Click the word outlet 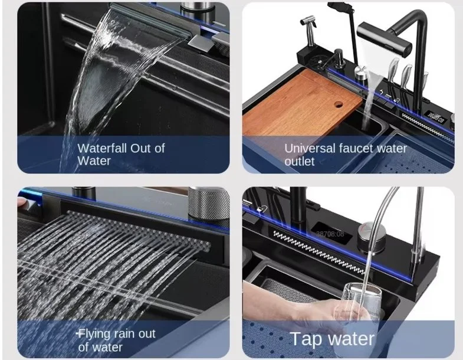[300, 161]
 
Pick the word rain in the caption [125, 333]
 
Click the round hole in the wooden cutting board [339, 104]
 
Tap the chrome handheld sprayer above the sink [309, 30]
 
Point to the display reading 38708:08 [330, 234]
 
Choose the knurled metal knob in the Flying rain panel [208, 204]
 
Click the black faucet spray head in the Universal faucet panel [384, 40]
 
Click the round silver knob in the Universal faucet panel [360, 73]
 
